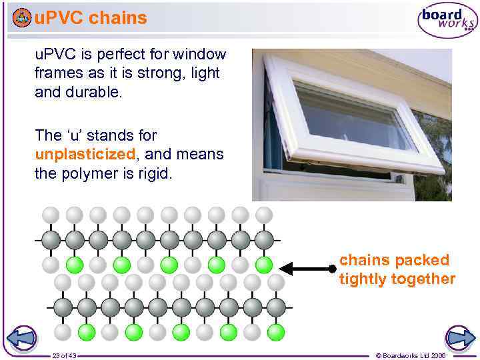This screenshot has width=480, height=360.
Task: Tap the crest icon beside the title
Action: point(22,18)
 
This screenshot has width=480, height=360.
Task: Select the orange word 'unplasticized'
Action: point(85,155)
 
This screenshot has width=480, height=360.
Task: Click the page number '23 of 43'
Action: point(64,355)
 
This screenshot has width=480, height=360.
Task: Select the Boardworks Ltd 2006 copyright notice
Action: point(411,355)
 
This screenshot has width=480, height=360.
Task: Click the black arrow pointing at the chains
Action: point(307,269)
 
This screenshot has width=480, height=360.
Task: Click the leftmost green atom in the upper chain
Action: point(75,265)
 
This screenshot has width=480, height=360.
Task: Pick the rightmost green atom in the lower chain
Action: point(276,331)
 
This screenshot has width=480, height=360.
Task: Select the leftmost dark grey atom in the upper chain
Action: point(51,239)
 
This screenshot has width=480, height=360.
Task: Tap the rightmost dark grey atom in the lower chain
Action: point(277,307)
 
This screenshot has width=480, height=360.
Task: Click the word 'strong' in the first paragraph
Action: point(141,73)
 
